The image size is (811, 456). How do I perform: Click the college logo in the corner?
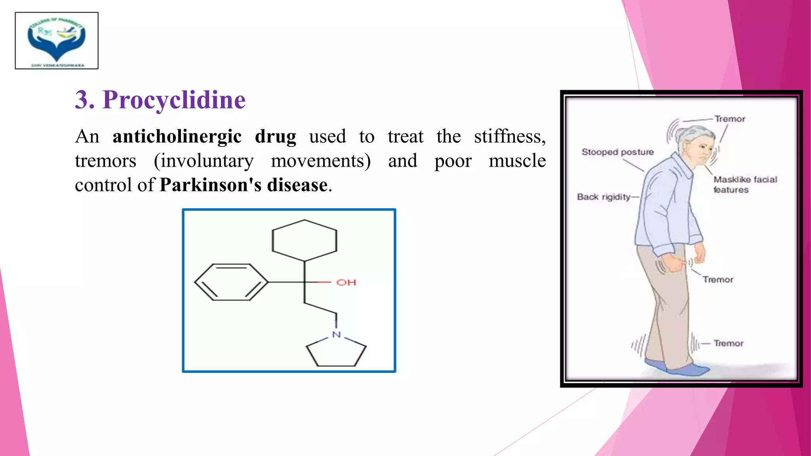[x=57, y=40]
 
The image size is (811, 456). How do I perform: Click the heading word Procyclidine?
[x=174, y=100]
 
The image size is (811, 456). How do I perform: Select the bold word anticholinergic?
[x=177, y=137]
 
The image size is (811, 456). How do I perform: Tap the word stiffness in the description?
[x=509, y=137]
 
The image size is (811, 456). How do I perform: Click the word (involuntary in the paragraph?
[x=204, y=161]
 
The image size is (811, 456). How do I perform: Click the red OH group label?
[x=346, y=283]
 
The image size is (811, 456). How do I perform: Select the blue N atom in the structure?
[x=336, y=335]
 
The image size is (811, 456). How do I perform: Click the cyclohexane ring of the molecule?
[x=304, y=240]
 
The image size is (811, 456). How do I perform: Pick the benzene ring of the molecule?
[x=231, y=282]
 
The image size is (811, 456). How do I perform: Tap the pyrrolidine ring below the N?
[x=336, y=352]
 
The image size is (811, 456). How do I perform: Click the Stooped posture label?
[x=617, y=152]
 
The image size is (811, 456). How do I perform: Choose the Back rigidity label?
[x=603, y=197]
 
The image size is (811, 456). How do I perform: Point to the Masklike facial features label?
[x=745, y=184]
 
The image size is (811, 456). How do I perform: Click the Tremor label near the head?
[x=730, y=119]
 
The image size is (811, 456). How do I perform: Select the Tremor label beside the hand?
[x=718, y=279]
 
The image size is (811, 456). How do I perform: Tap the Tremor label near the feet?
[x=728, y=343]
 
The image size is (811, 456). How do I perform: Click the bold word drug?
[x=275, y=137]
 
